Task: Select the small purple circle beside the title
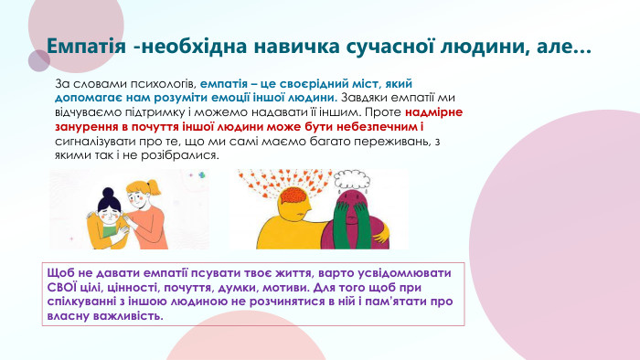(38, 61)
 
